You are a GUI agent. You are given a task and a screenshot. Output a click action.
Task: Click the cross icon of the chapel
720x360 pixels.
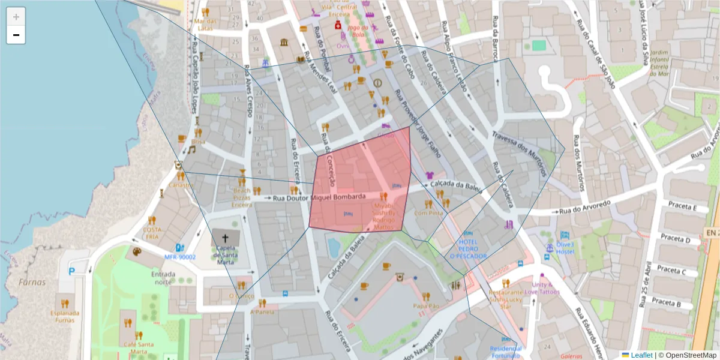[225, 238]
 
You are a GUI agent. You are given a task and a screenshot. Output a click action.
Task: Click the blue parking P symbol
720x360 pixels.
[73, 271]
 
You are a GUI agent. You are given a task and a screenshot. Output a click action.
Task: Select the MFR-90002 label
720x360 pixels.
[180, 257]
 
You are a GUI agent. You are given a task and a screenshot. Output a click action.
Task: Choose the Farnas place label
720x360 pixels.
[32, 282]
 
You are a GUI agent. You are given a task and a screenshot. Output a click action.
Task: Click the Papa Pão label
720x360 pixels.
[427, 306]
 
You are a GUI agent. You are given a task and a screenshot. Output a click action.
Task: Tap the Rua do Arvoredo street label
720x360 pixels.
[585, 206]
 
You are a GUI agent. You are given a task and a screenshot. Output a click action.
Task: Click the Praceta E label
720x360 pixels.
[679, 208]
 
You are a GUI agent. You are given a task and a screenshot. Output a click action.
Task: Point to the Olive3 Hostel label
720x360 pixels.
[565, 248]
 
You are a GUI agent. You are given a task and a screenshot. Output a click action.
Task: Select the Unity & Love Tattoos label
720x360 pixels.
[542, 289]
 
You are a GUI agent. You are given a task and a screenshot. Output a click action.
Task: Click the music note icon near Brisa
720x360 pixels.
[191, 149]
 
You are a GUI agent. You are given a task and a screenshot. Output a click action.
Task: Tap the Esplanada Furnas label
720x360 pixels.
[65, 316]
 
